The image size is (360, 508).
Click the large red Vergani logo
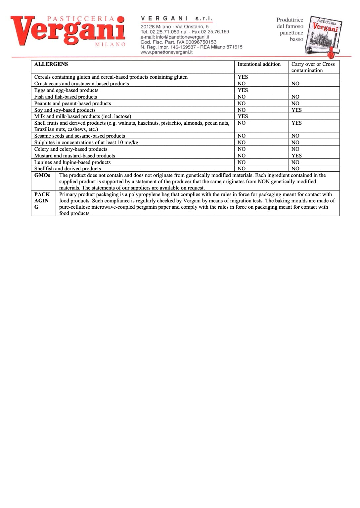(68, 30)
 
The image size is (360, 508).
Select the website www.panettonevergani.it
(166, 52)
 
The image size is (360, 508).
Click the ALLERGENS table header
(51, 64)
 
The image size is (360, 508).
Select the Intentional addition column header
(259, 64)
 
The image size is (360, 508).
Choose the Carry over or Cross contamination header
(313, 67)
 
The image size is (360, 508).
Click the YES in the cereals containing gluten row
(243, 77)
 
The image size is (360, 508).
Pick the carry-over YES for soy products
(296, 110)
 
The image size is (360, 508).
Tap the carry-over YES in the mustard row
(296, 156)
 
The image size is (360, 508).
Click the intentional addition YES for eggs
(243, 90)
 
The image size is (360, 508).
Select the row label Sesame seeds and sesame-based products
(80, 136)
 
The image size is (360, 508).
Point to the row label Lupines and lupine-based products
(72, 162)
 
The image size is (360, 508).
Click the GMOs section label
(42, 175)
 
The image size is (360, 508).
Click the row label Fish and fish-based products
(66, 97)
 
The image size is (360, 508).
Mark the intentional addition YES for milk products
(243, 116)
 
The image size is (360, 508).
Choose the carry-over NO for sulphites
(295, 143)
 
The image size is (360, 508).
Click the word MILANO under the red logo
(111, 44)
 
